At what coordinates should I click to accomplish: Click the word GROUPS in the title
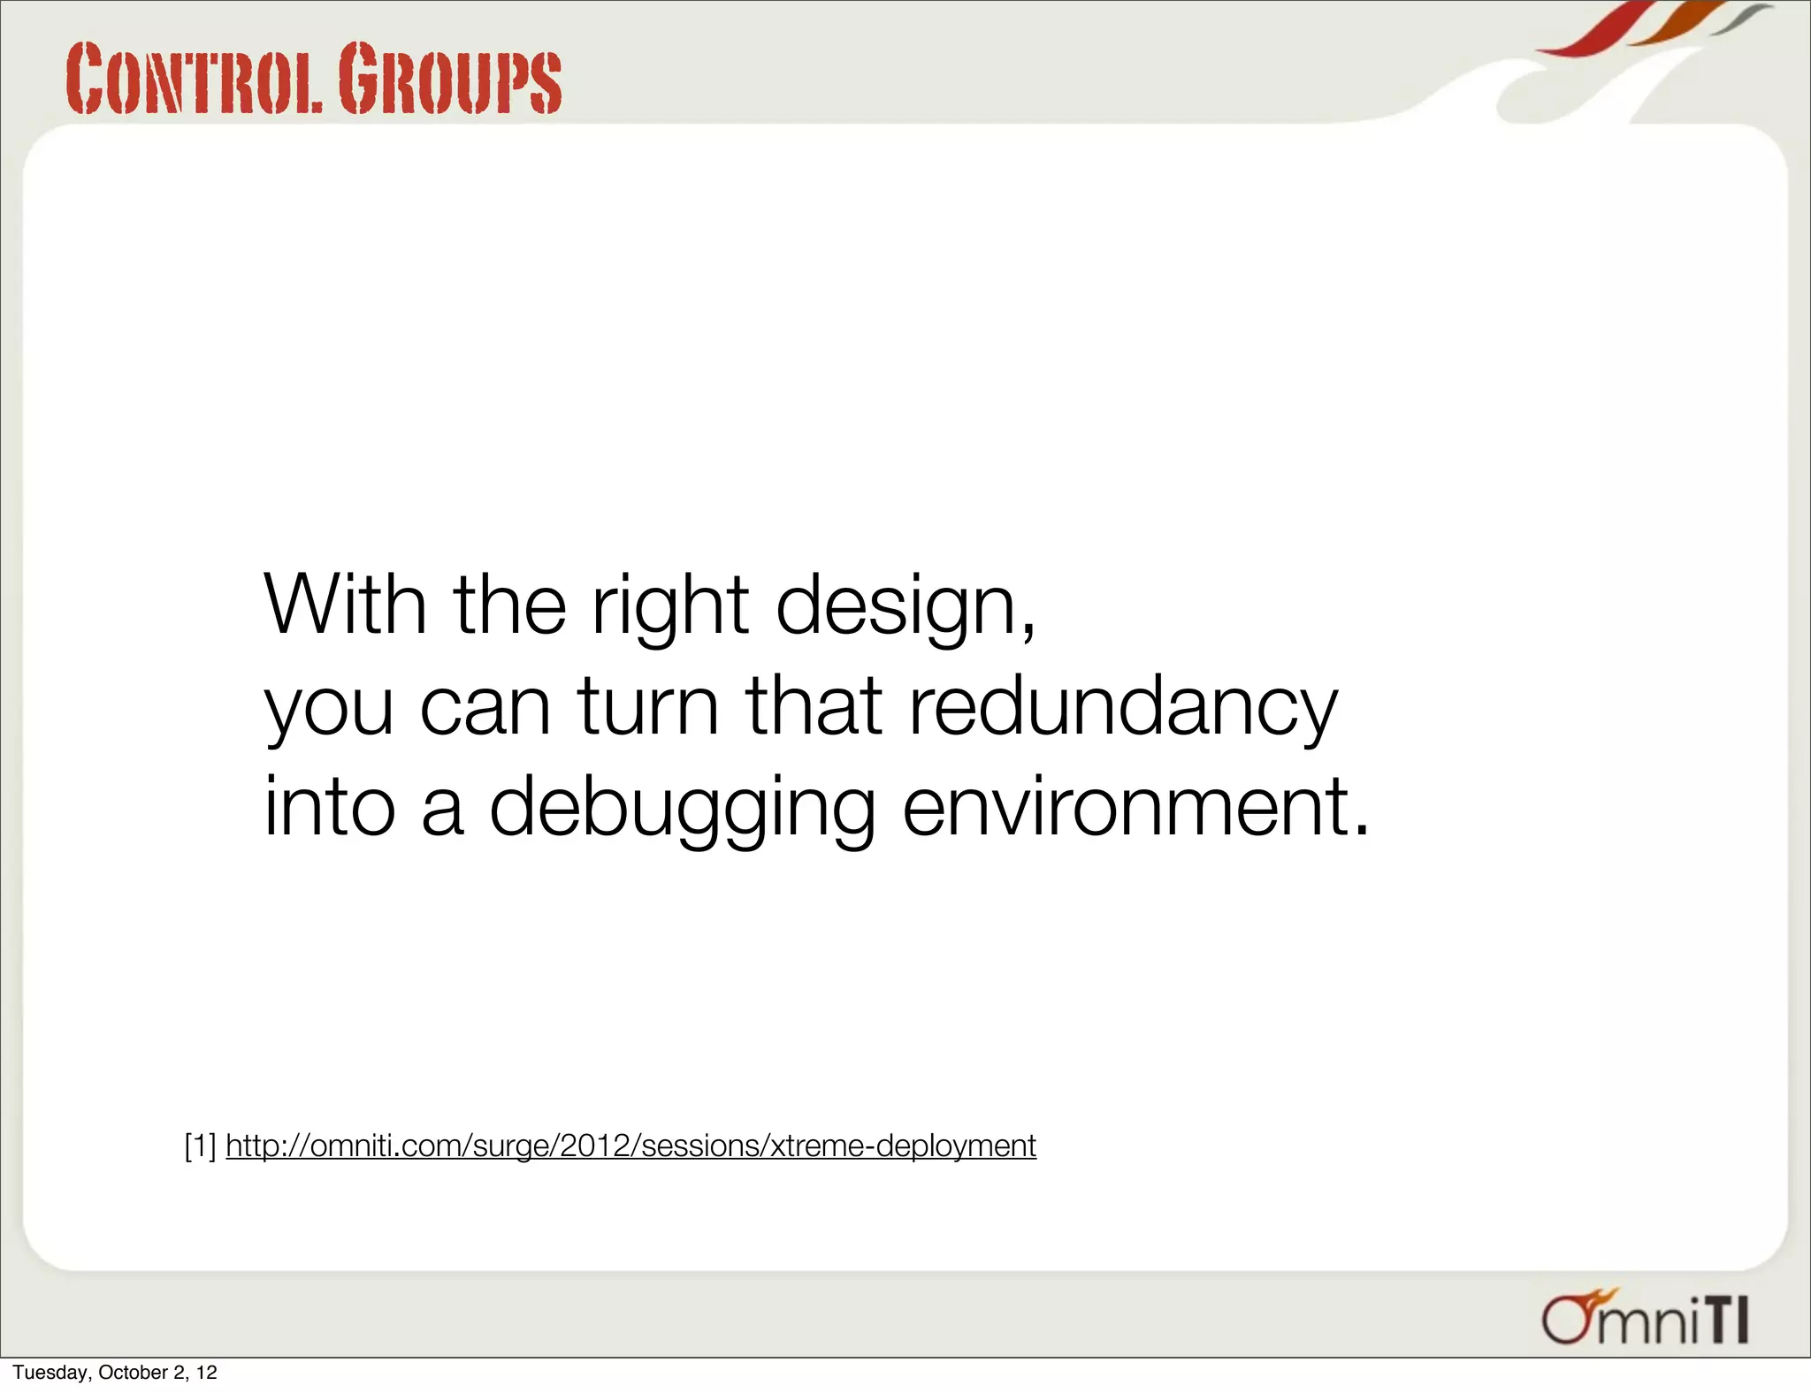pyautogui.click(x=449, y=80)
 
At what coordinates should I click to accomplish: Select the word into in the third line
pyautogui.click(x=329, y=805)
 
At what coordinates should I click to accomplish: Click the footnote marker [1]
pyautogui.click(x=200, y=1146)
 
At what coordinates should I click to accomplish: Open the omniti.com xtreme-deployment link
pyautogui.click(x=630, y=1146)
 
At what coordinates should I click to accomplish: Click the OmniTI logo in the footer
pyautogui.click(x=1646, y=1319)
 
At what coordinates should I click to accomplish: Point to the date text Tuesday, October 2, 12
pyautogui.click(x=115, y=1373)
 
